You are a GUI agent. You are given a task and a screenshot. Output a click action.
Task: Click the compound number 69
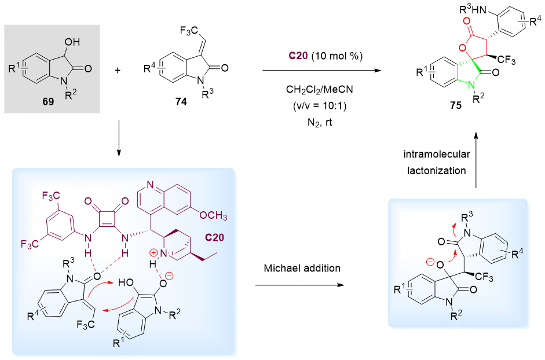[48, 101]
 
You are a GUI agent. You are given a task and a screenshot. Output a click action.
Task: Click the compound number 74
[181, 101]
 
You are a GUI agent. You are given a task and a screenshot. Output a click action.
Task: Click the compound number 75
[456, 105]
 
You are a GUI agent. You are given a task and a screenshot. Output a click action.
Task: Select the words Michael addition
[302, 268]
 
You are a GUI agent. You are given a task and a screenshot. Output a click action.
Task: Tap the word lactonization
[437, 171]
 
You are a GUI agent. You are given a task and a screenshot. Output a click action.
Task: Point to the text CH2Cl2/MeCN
[320, 90]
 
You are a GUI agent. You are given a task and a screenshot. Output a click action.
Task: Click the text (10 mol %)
[337, 56]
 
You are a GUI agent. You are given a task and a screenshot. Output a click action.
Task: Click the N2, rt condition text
[320, 123]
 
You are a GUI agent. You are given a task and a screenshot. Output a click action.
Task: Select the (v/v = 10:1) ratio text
[320, 106]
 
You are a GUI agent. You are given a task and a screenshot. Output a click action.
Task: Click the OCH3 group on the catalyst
[213, 215]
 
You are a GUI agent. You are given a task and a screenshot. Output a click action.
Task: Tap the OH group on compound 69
[72, 42]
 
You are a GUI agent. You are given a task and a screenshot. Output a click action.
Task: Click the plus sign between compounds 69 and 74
[118, 70]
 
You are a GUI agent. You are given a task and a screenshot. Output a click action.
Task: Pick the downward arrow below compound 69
[119, 138]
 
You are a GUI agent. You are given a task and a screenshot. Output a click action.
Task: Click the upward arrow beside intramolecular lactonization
[476, 160]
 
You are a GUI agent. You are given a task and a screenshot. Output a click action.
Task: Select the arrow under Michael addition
[299, 285]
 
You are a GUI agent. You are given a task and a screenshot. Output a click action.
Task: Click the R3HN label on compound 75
[473, 9]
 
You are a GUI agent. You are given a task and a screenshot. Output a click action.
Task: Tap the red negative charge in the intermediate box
[430, 262]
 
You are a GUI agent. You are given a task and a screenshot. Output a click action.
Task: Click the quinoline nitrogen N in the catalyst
[150, 185]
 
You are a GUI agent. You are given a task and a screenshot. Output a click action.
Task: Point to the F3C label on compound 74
[189, 31]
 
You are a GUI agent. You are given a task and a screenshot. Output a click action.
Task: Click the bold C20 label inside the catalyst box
[214, 238]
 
